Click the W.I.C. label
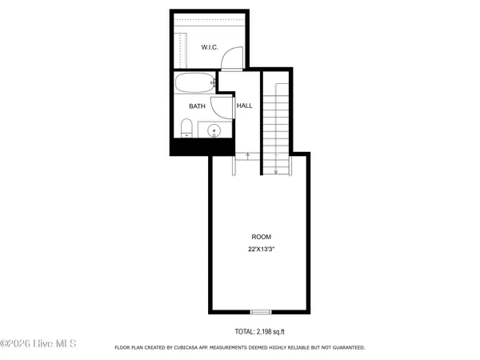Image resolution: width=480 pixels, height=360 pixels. [210, 47]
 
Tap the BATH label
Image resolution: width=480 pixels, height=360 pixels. [197, 106]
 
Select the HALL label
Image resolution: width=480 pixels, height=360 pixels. [244, 106]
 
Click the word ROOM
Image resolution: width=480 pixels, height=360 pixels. [261, 237]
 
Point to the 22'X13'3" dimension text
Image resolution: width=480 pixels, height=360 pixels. [262, 250]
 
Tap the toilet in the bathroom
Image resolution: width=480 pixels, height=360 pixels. [186, 128]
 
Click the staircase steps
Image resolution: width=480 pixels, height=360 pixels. [276, 120]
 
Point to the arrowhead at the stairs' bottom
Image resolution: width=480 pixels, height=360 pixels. [276, 170]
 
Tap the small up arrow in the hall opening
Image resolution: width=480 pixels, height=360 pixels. [247, 154]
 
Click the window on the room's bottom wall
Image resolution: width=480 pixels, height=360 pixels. [261, 311]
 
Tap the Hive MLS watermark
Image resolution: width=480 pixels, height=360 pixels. [38, 344]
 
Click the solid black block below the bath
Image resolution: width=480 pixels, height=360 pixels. [202, 147]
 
